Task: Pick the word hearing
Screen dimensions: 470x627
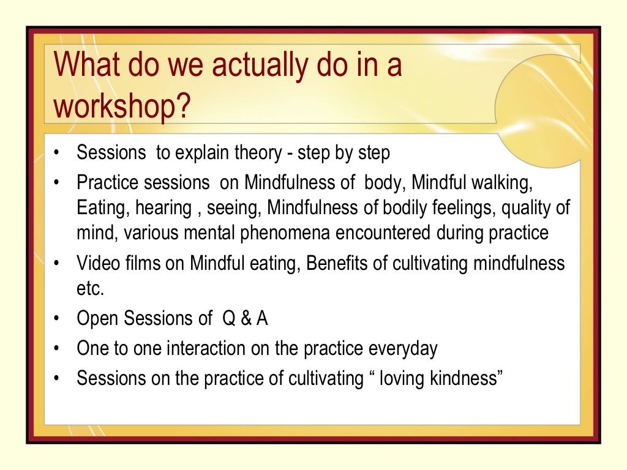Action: click(x=162, y=208)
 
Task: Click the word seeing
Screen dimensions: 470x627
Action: click(x=235, y=208)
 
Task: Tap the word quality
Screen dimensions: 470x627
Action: click(x=527, y=208)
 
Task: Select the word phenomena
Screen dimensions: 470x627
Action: click(x=302, y=233)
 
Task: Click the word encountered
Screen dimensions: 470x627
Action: click(x=398, y=233)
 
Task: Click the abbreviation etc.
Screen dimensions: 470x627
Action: click(x=91, y=288)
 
